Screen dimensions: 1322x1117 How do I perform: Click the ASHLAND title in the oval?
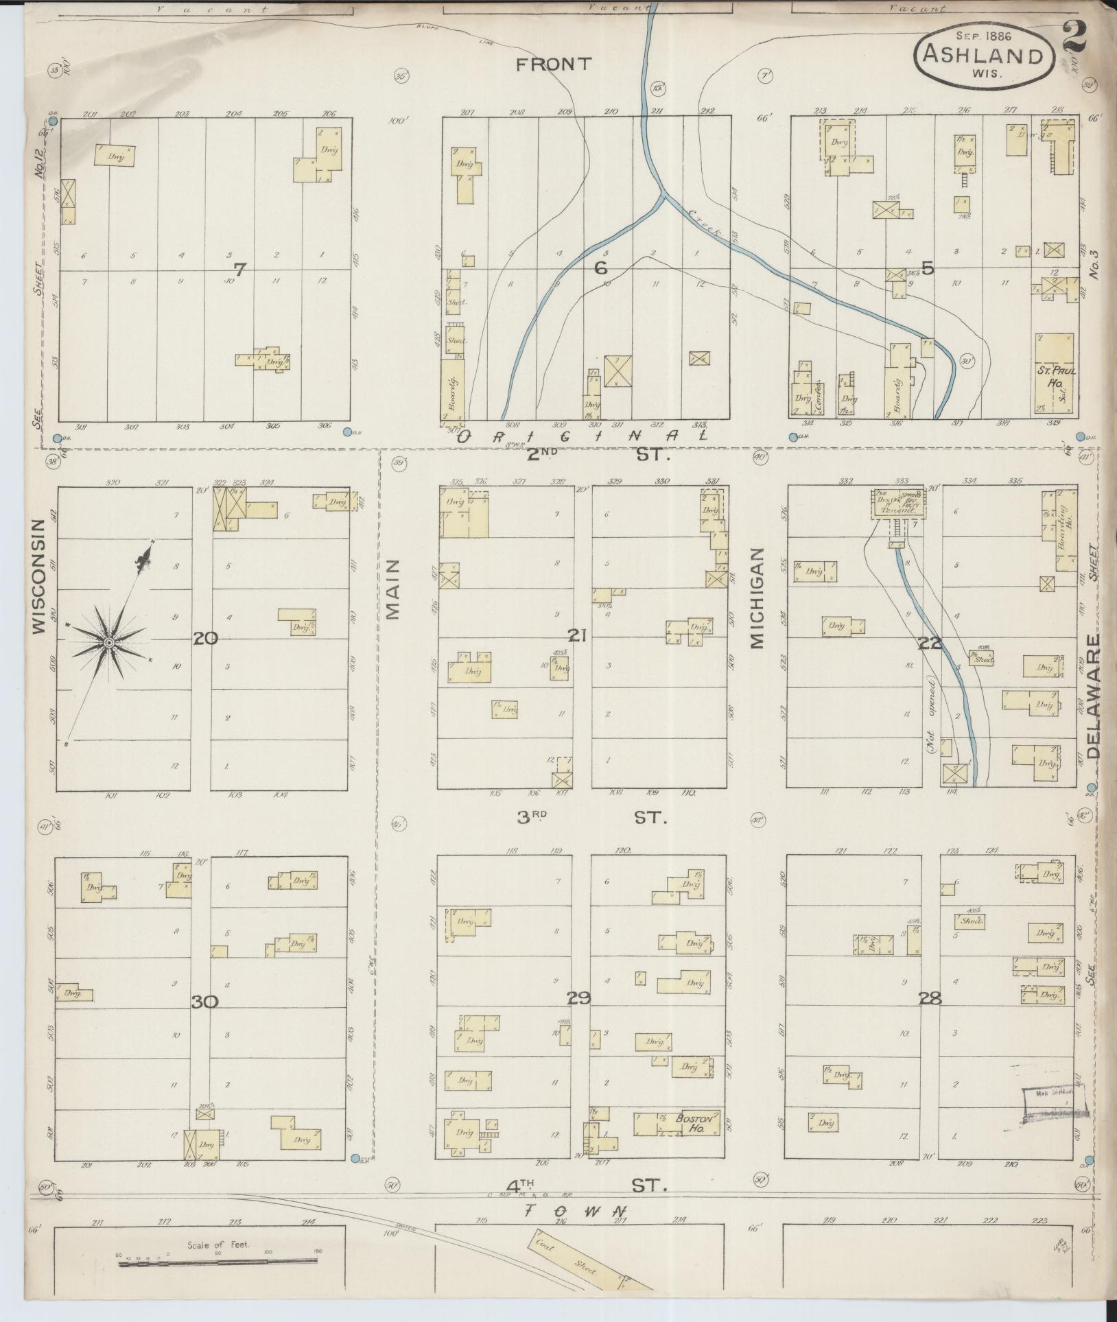pyautogui.click(x=983, y=54)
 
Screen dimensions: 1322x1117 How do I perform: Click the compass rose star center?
pyautogui.click(x=108, y=642)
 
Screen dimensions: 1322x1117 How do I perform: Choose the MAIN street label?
pyautogui.click(x=392, y=589)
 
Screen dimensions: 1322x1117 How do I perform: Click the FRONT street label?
pyautogui.click(x=553, y=64)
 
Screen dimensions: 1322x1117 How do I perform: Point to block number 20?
pyautogui.click(x=205, y=639)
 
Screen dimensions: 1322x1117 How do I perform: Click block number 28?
pyautogui.click(x=930, y=999)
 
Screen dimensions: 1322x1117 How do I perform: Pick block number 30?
pyautogui.click(x=204, y=1002)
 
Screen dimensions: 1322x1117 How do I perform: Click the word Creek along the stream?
pyautogui.click(x=705, y=223)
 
